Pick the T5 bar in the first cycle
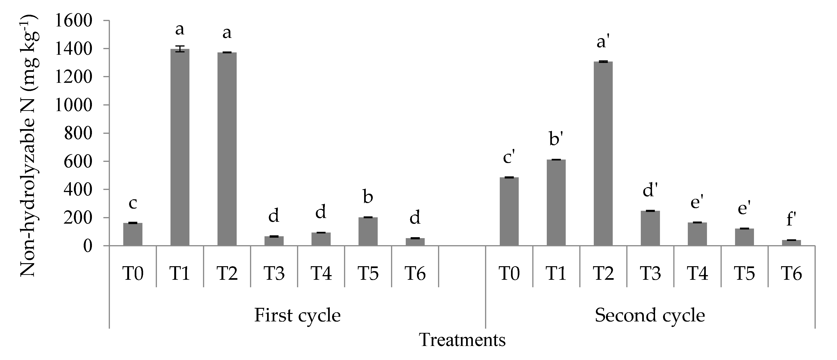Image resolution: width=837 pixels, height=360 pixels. tap(368, 231)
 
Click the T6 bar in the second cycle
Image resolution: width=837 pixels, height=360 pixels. tap(791, 243)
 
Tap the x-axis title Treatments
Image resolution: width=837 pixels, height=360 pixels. tap(462, 340)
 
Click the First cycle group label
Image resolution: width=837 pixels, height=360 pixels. tap(297, 315)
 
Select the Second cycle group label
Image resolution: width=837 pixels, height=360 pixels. tap(650, 315)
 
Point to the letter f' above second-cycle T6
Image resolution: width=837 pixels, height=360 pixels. tap(791, 219)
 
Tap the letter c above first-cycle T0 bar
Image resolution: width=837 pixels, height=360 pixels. tap(133, 204)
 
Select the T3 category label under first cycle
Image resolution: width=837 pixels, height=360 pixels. tap(274, 273)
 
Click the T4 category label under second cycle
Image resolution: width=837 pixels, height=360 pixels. tap(697, 273)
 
